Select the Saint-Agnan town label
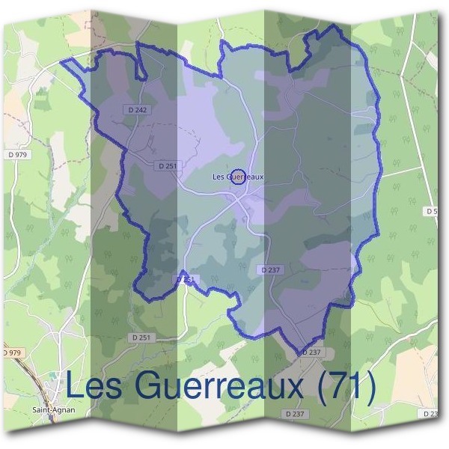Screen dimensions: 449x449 click(54, 410)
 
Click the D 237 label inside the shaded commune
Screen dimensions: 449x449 click(271, 269)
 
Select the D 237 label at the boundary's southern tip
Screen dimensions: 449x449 click(311, 352)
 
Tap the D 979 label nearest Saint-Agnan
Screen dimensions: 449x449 click(13, 352)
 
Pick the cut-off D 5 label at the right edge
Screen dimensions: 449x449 click(433, 212)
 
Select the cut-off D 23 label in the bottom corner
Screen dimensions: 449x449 click(430, 413)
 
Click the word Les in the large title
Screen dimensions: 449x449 click(95, 387)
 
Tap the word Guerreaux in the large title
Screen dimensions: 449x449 click(217, 387)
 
